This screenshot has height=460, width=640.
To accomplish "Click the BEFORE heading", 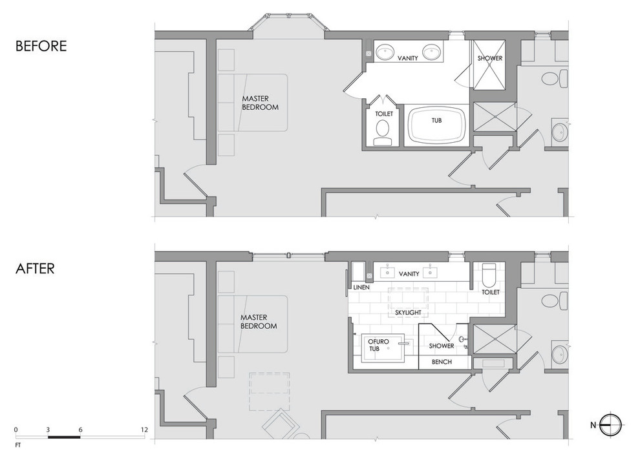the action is [x=41, y=46].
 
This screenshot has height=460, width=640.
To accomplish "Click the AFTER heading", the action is [x=35, y=269].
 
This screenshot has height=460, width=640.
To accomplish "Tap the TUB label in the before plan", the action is [x=437, y=120].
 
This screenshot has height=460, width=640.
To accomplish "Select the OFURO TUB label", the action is [x=378, y=345].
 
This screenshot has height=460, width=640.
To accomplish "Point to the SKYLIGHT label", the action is [x=408, y=313].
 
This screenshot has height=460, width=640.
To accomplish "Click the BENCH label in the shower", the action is [x=442, y=362].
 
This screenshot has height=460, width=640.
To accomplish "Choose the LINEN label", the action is [x=361, y=287].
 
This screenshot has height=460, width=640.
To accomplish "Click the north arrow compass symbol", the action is [x=610, y=425].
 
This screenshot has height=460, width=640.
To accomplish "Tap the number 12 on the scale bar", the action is [x=144, y=430].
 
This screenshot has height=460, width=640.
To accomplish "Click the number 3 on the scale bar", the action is [x=48, y=430].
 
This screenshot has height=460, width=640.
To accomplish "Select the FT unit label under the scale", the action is [x=17, y=445].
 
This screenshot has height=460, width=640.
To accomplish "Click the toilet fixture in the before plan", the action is [x=383, y=132].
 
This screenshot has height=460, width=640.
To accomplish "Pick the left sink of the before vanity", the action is [x=384, y=52].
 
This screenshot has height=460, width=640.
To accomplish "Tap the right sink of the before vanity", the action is [x=431, y=52].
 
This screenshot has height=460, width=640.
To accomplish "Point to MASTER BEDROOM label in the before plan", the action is [x=260, y=103].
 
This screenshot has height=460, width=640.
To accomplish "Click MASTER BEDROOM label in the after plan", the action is [x=259, y=322].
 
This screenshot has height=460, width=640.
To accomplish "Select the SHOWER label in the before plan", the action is [x=490, y=58].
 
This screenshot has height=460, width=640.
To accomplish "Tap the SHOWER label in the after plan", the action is [x=442, y=346].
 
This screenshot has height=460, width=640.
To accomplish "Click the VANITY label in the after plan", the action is [x=409, y=274].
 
